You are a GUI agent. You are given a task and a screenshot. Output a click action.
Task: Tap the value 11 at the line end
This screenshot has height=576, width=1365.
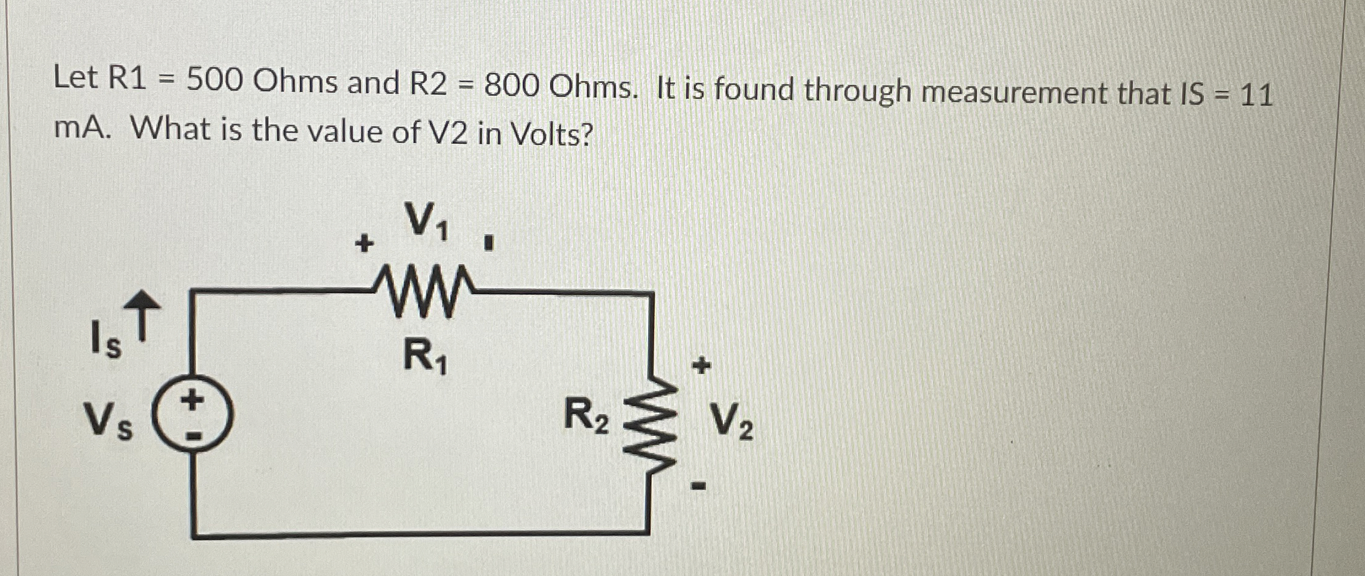pyautogui.click(x=1256, y=96)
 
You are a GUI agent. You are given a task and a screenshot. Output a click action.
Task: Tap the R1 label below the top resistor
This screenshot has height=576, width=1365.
pyautogui.click(x=425, y=357)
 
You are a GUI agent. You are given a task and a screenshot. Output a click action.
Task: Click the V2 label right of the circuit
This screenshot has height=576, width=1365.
pyautogui.click(x=732, y=422)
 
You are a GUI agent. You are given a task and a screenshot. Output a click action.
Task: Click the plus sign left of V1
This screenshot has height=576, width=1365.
pyautogui.click(x=364, y=244)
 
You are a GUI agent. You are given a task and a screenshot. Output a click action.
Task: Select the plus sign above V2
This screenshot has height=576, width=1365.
pyautogui.click(x=700, y=367)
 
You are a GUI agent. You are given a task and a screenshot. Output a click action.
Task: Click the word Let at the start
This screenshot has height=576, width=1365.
pyautogui.click(x=75, y=78)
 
